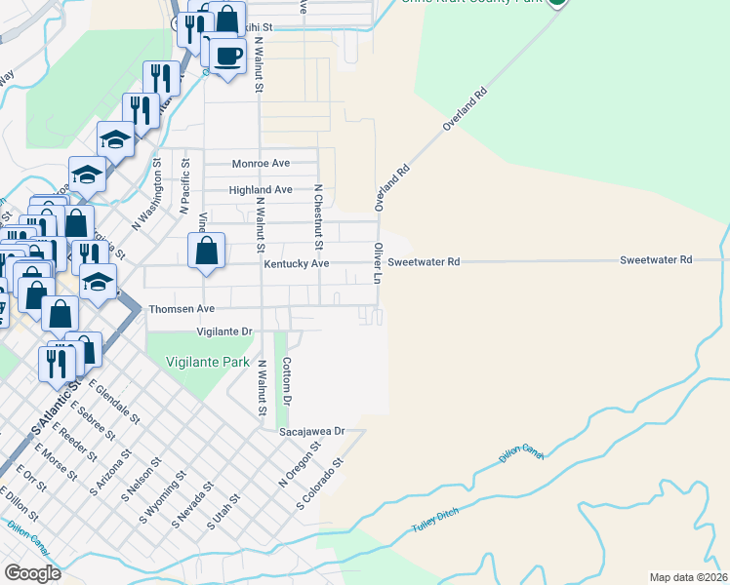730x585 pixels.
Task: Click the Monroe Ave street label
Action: pos(261,164)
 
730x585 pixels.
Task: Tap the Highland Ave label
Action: pos(260,190)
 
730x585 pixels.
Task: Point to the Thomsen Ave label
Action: pos(181,309)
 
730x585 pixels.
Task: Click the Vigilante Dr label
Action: pos(224,331)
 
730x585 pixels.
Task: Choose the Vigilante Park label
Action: pos(191,361)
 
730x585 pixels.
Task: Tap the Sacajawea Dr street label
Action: pos(312,431)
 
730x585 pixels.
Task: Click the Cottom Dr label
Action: pos(287,381)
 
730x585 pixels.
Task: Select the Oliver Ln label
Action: pos(377,262)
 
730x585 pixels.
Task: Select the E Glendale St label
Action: pos(115,401)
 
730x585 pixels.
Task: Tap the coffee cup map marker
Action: pos(228,56)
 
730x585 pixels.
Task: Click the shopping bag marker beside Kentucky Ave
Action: pos(207,251)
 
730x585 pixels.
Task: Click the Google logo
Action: pos(32,573)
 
